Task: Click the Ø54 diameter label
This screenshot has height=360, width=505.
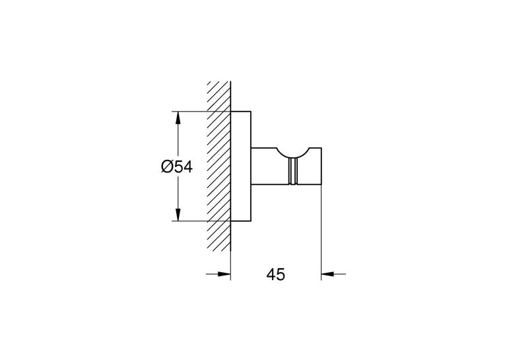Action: tap(176, 167)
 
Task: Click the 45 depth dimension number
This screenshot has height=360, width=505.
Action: tap(276, 275)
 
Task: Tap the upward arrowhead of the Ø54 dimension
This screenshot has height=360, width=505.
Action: tap(178, 118)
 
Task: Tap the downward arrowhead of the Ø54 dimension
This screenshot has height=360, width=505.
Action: tap(178, 215)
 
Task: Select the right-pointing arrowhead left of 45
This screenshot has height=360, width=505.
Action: tap(224, 274)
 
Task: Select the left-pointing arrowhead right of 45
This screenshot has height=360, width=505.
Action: tap(327, 274)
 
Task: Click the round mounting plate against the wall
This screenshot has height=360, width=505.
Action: tap(241, 166)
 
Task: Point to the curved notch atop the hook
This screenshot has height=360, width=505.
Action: tap(293, 154)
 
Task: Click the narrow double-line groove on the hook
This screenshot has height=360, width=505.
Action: tap(292, 172)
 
